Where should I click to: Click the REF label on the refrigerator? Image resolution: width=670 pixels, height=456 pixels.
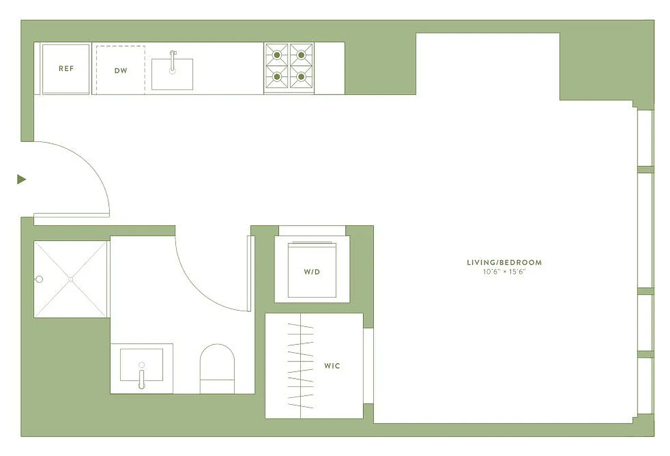tap(66, 68)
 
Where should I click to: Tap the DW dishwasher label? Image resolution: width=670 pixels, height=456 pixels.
tap(120, 71)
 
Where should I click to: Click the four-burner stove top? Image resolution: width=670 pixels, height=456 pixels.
tap(289, 67)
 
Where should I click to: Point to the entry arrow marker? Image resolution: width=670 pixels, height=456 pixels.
tap(22, 180)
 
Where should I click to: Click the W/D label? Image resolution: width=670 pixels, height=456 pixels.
tap(312, 272)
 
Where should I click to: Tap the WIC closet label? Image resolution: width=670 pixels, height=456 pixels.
tap(332, 365)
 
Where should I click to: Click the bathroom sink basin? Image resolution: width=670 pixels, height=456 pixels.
tap(142, 365)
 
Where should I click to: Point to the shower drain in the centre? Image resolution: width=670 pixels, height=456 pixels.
tap(71, 279)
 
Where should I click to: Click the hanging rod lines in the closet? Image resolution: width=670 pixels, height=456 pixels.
tap(300, 365)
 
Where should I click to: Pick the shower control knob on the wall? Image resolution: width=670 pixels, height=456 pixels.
tap(39, 279)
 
